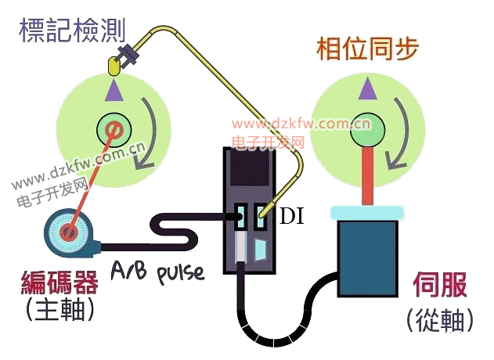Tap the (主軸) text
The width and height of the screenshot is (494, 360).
pos(59,311)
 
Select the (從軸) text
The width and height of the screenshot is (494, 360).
pos(441,319)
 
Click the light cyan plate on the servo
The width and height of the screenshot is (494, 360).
pos(366,212)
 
